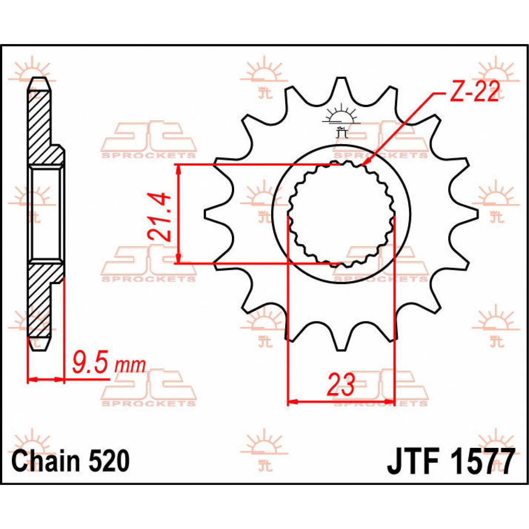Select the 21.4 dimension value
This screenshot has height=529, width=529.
click(x=160, y=216)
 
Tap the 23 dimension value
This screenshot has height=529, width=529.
click(x=340, y=384)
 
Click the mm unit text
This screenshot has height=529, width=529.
click(x=130, y=366)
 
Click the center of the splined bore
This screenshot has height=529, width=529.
click(x=341, y=214)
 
